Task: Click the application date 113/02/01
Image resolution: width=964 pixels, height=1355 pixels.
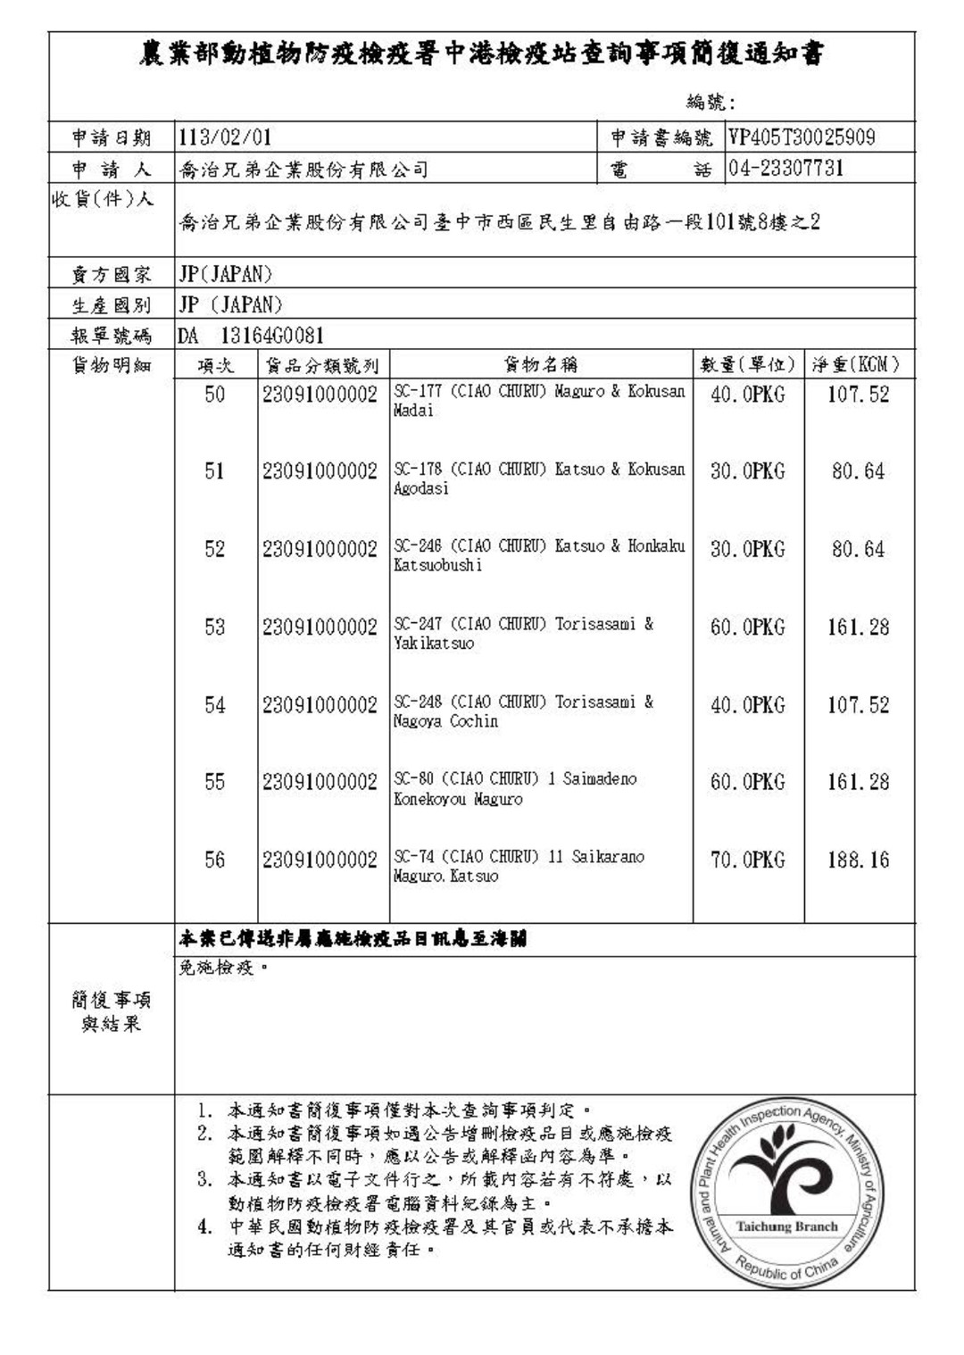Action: (x=225, y=137)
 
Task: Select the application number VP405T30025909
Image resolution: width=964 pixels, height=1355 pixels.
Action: (x=802, y=137)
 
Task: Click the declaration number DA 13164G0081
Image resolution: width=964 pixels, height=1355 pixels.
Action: (x=251, y=336)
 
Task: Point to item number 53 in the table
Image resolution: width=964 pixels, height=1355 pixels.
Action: (x=215, y=628)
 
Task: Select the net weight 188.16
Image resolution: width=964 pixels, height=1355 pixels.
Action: (x=858, y=860)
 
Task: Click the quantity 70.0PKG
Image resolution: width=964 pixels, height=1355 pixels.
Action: (x=747, y=860)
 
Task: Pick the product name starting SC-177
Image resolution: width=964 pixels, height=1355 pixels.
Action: (x=539, y=401)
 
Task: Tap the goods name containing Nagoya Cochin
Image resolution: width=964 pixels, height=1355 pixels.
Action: (x=523, y=711)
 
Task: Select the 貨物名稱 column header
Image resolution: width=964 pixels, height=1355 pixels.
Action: (x=541, y=364)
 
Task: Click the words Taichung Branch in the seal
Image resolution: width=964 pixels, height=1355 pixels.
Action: (x=787, y=1226)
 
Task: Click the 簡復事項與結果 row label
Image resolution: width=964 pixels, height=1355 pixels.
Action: (x=112, y=1011)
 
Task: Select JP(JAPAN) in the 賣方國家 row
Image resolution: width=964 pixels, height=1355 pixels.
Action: (x=226, y=274)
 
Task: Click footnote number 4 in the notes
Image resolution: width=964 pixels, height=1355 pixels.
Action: (x=205, y=1226)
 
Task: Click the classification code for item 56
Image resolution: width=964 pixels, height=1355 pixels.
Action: (x=320, y=860)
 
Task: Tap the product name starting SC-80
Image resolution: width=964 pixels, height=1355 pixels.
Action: (x=515, y=789)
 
